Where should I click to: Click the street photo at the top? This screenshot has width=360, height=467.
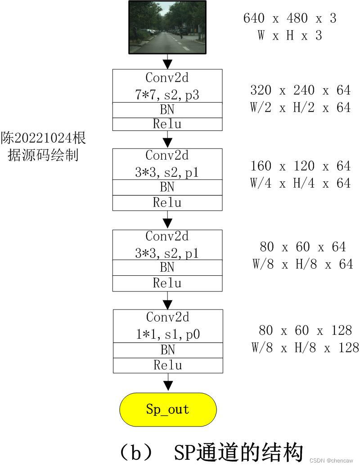click(167, 27)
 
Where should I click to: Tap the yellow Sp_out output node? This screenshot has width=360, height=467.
click(168, 409)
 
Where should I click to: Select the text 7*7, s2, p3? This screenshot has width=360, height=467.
click(167, 95)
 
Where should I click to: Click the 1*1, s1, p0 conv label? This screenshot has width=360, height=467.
click(167, 334)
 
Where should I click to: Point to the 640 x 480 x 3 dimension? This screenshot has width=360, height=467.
click(290, 18)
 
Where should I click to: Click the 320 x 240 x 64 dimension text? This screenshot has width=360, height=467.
click(300, 90)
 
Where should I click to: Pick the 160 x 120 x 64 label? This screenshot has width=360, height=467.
click(300, 166)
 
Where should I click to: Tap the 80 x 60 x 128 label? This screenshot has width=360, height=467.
click(305, 331)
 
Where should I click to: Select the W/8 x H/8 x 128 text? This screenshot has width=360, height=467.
click(305, 348)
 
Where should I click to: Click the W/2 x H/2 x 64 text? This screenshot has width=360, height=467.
click(300, 108)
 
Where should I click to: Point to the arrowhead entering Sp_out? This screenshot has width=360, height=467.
click(168, 386)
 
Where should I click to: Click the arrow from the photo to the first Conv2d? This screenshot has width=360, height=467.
click(168, 62)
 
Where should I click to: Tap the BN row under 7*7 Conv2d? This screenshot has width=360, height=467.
click(167, 110)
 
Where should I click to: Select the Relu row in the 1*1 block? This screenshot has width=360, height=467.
click(167, 365)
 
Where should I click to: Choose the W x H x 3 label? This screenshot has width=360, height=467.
click(290, 36)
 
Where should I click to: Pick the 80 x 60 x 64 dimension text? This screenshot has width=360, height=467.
click(302, 247)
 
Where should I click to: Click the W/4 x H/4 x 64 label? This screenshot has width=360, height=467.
click(300, 183)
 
